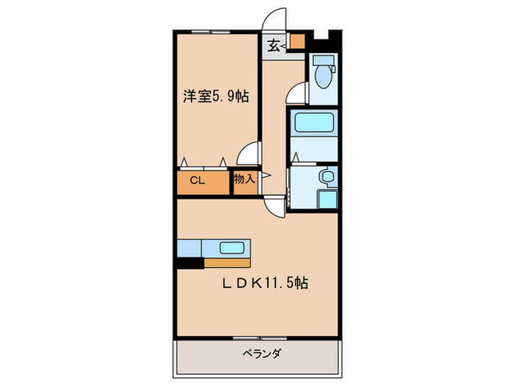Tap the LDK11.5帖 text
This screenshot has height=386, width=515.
(266, 283)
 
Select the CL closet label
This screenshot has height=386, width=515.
(197, 179)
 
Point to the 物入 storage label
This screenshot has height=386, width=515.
(244, 179)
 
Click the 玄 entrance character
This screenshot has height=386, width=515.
(273, 46)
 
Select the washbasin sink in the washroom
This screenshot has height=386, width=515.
(327, 177)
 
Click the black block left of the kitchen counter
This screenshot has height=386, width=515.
(189, 262)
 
